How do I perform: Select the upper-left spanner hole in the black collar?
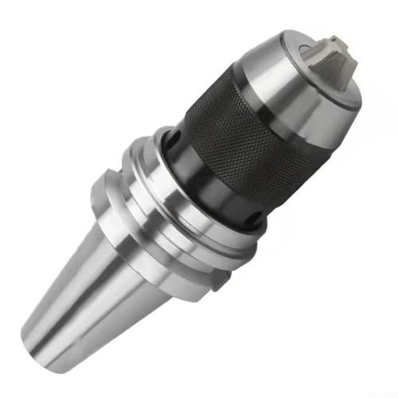coord(169,144)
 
